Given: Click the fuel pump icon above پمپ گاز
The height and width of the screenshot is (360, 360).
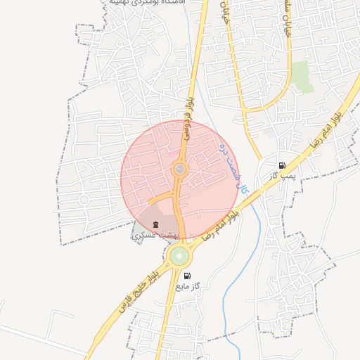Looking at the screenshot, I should [282, 166].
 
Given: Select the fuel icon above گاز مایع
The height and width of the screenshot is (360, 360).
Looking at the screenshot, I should [187, 276].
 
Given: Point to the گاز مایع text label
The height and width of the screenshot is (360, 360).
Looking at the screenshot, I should [188, 287].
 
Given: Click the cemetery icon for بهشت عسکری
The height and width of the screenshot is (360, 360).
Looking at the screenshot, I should [155, 225].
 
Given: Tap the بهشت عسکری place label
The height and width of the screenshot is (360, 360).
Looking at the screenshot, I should [155, 236].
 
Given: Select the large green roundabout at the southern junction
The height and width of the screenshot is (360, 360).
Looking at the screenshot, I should [179, 255].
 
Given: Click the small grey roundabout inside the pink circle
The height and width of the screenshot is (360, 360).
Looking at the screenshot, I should [180, 169].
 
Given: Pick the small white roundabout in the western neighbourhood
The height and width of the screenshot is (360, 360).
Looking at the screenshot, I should [84, 200].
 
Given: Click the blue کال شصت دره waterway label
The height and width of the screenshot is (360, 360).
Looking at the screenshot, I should [235, 169].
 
